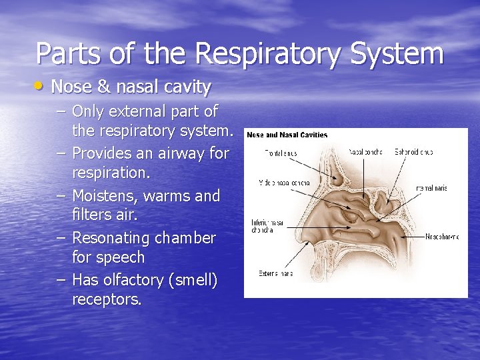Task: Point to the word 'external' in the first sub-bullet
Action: (x=141, y=111)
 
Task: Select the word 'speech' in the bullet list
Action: (x=121, y=257)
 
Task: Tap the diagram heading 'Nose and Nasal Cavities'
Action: (x=287, y=135)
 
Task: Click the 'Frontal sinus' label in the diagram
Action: (x=281, y=153)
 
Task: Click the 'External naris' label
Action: (x=275, y=273)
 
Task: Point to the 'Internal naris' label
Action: (x=431, y=189)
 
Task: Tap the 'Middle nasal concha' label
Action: (x=284, y=182)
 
